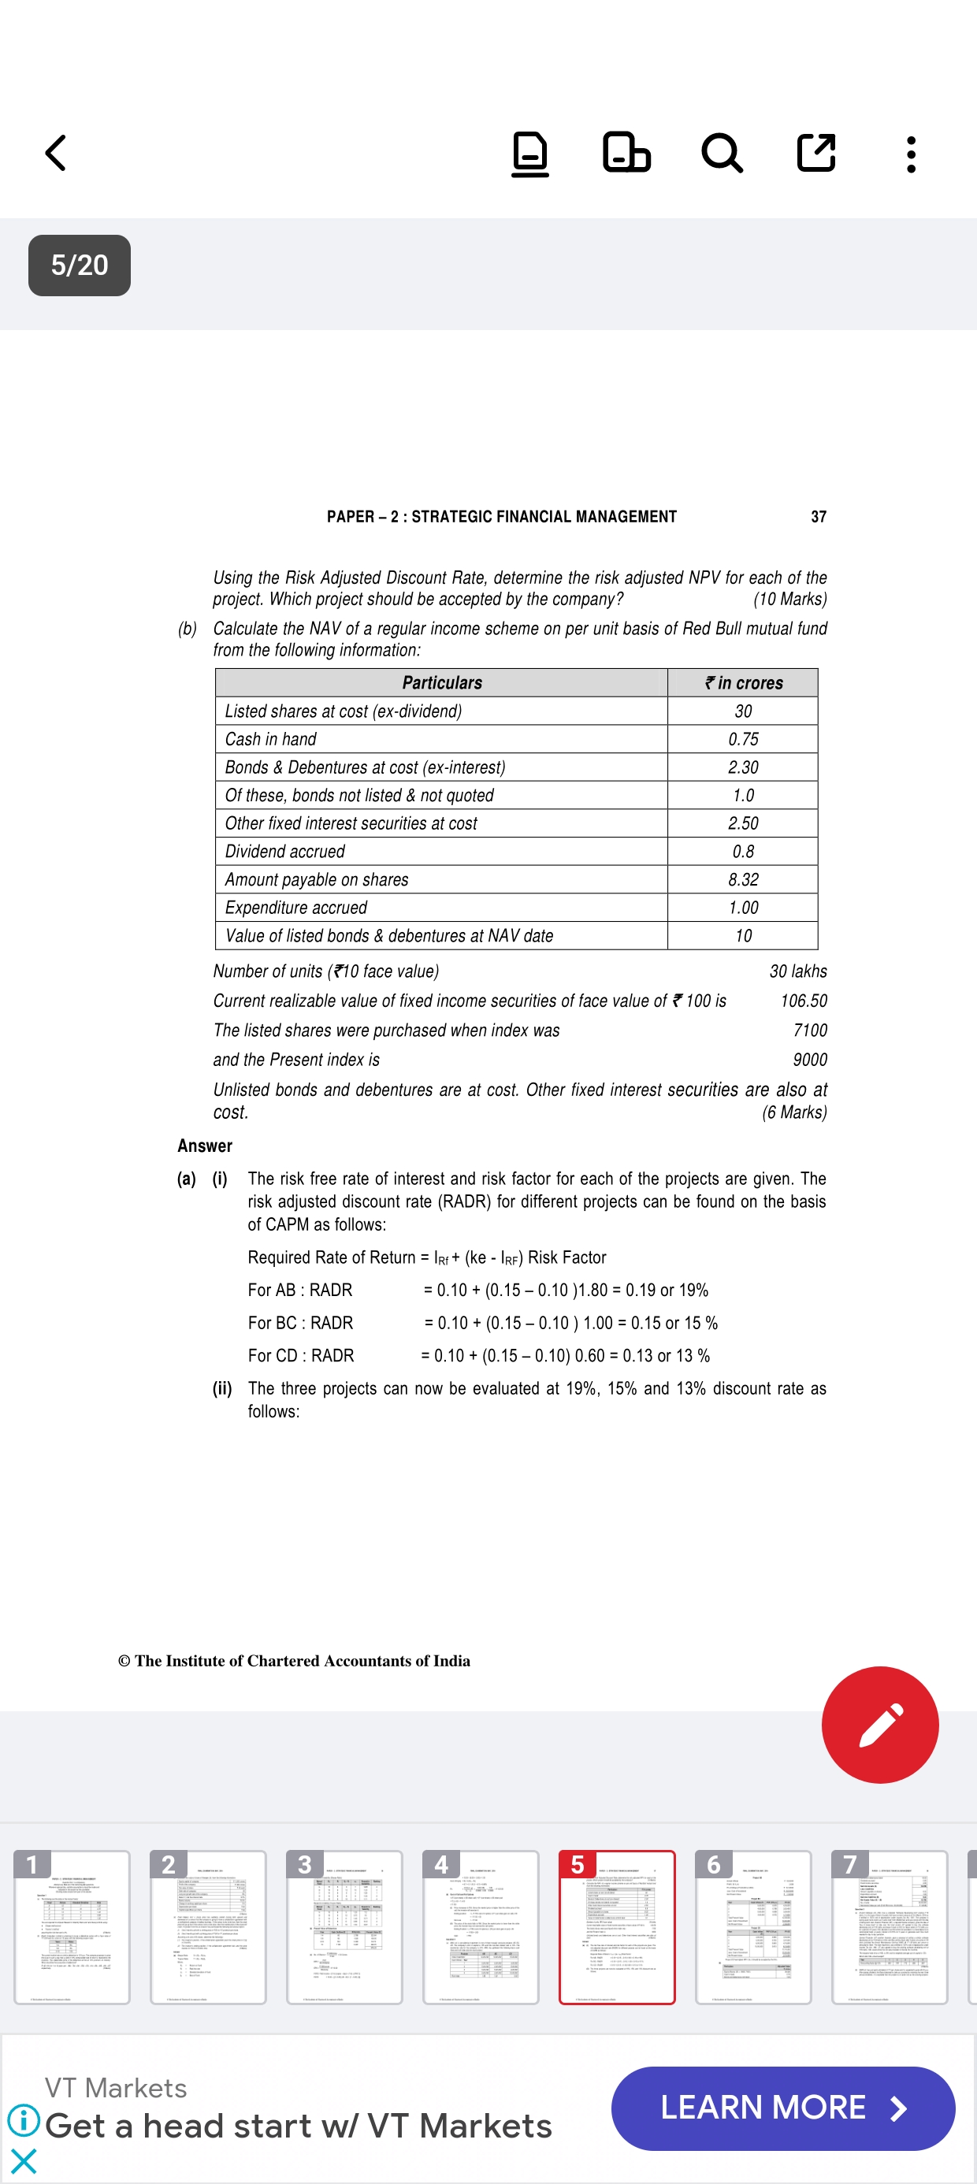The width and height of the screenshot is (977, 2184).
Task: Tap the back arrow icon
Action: pyautogui.click(x=56, y=154)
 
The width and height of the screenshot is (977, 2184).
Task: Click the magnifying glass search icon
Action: pyautogui.click(x=722, y=154)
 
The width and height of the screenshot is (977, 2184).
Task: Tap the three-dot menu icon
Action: pyautogui.click(x=911, y=154)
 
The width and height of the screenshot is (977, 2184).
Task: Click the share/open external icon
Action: pyautogui.click(x=815, y=154)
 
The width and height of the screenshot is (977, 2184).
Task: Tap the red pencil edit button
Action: pyautogui.click(x=879, y=1725)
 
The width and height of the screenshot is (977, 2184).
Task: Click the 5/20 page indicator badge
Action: pyautogui.click(x=80, y=266)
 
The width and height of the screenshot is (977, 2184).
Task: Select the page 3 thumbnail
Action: pyautogui.click(x=344, y=1926)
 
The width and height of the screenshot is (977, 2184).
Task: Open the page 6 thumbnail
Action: pyautogui.click(x=753, y=1926)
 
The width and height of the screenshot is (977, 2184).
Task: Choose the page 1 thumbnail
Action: pyautogui.click(x=72, y=1926)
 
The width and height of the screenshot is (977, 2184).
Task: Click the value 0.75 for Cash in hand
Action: pyautogui.click(x=743, y=739)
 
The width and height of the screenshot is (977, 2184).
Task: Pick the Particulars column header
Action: pyautogui.click(x=442, y=682)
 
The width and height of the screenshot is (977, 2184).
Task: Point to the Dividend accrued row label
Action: pyautogui.click(x=285, y=851)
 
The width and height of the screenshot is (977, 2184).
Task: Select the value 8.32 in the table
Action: pyautogui.click(x=743, y=879)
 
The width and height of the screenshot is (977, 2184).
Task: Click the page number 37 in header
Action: pyautogui.click(x=819, y=516)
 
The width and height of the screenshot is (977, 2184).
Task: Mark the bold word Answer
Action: pyautogui.click(x=204, y=1146)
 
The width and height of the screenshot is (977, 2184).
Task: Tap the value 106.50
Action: pyautogui.click(x=803, y=1001)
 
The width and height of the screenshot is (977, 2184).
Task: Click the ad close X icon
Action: pyautogui.click(x=24, y=2161)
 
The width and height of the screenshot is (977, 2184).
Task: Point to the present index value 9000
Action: pyautogui.click(x=809, y=1060)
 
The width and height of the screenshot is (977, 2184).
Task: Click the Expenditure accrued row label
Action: pyautogui.click(x=296, y=907)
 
